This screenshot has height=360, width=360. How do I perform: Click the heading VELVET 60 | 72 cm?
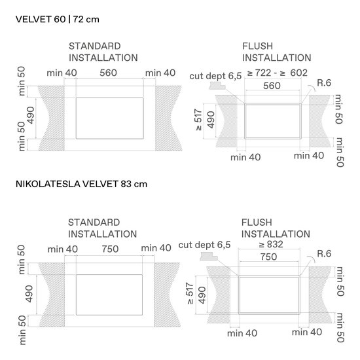click(58, 19)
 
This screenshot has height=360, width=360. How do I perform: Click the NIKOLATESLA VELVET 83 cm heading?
click(81, 184)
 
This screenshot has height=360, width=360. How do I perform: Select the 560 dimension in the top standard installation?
click(109, 73)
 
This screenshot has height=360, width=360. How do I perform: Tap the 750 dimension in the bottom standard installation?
click(111, 249)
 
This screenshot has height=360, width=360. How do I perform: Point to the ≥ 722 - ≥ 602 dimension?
click(277, 73)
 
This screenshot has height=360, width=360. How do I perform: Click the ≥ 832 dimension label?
click(271, 244)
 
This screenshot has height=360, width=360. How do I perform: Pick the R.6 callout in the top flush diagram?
click(324, 83)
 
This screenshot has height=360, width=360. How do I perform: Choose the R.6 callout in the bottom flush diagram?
click(324, 253)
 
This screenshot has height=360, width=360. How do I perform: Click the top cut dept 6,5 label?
click(215, 76)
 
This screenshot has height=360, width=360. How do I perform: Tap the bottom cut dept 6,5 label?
click(204, 245)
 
